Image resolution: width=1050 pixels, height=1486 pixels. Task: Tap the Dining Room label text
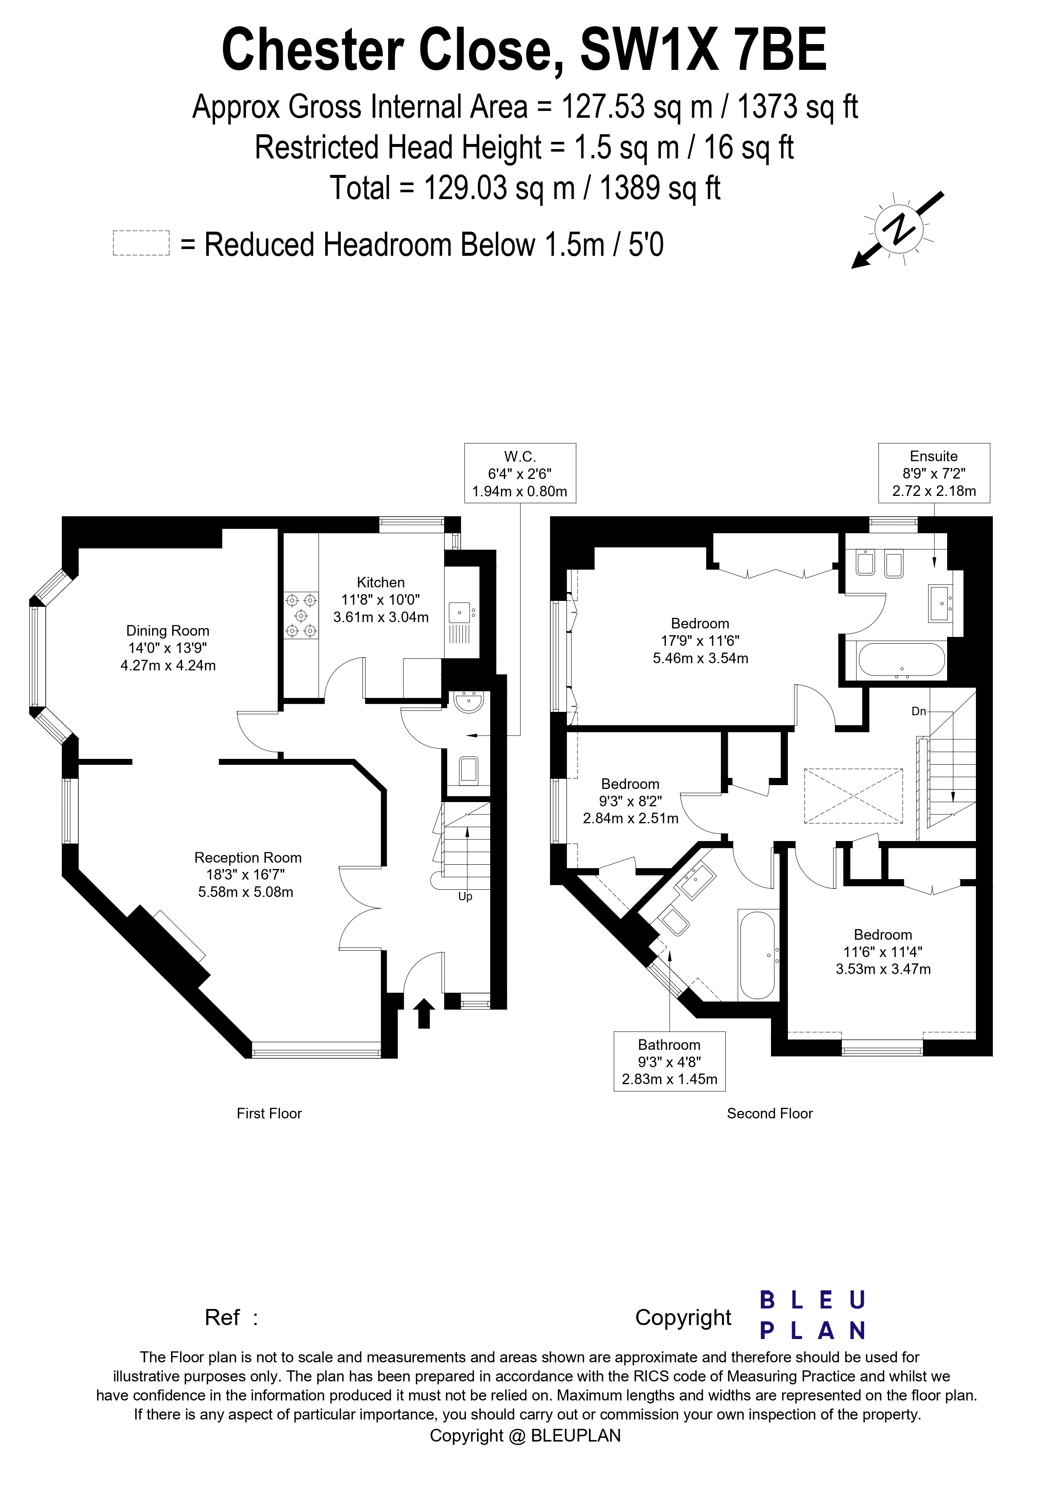pyautogui.click(x=168, y=631)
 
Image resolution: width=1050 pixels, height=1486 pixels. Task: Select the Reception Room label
pyautogui.click(x=248, y=858)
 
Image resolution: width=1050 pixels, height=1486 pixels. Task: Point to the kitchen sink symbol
pyautogui.click(x=460, y=612)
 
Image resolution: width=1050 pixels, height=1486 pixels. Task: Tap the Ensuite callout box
pyautogui.click(x=934, y=473)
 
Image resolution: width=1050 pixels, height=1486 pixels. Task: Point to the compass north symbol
pyautogui.click(x=898, y=228)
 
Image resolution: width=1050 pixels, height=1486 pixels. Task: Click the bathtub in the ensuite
pyautogui.click(x=901, y=660)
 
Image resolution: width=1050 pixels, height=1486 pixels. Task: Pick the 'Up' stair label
pyautogui.click(x=465, y=897)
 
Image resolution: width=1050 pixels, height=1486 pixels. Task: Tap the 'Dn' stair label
pyautogui.click(x=919, y=711)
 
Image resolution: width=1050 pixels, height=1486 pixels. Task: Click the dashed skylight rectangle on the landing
pyautogui.click(x=853, y=796)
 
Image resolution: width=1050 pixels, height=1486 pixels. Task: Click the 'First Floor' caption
pyautogui.click(x=269, y=1113)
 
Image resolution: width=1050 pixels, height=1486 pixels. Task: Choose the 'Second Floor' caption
pyautogui.click(x=769, y=1113)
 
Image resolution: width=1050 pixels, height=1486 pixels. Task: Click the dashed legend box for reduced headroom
pyautogui.click(x=141, y=244)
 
